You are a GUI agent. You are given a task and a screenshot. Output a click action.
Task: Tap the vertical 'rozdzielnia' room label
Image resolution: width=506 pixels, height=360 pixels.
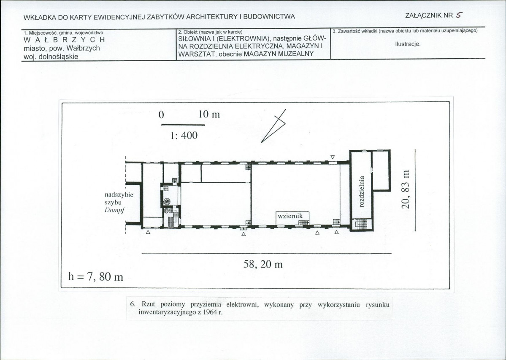point(362,191)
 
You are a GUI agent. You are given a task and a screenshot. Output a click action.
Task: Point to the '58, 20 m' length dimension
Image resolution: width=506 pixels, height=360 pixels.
point(263,264)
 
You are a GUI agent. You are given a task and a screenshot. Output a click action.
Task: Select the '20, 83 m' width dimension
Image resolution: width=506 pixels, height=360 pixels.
point(406,189)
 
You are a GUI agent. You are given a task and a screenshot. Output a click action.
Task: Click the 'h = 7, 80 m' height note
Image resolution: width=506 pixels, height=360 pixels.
point(96,276)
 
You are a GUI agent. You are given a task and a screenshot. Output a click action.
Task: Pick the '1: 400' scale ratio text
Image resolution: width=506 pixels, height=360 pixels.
point(184,135)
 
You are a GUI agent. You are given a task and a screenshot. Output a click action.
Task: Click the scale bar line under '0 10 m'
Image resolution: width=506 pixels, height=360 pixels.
point(183,125)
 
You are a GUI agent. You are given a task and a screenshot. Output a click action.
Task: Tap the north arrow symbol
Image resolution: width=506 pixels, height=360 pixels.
point(273,126)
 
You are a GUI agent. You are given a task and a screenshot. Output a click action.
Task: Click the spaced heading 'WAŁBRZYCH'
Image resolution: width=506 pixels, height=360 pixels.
point(64,40)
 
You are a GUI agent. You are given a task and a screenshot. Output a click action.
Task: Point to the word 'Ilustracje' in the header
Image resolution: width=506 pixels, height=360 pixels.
point(408,43)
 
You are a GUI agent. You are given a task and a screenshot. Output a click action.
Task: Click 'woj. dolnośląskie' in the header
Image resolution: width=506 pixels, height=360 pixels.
point(51,57)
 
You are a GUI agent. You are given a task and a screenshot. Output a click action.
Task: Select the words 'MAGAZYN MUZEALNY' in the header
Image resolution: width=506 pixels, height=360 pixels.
point(279,54)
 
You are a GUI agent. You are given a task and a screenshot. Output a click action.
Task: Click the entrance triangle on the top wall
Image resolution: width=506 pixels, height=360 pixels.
point(333,157)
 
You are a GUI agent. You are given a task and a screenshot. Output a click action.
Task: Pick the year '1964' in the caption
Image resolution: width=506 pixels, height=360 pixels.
point(209,312)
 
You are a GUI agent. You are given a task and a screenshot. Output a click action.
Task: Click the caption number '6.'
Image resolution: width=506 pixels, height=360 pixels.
point(133,304)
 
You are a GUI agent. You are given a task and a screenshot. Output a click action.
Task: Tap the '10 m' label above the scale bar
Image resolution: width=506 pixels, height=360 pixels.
point(209,114)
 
